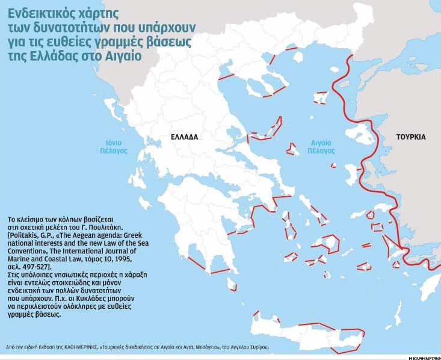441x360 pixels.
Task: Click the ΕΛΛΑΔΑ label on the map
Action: [184, 137]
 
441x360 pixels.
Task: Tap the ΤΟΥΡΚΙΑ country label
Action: [411, 137]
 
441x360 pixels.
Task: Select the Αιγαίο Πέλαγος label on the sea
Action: [321, 147]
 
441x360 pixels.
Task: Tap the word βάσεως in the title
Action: [170, 42]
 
